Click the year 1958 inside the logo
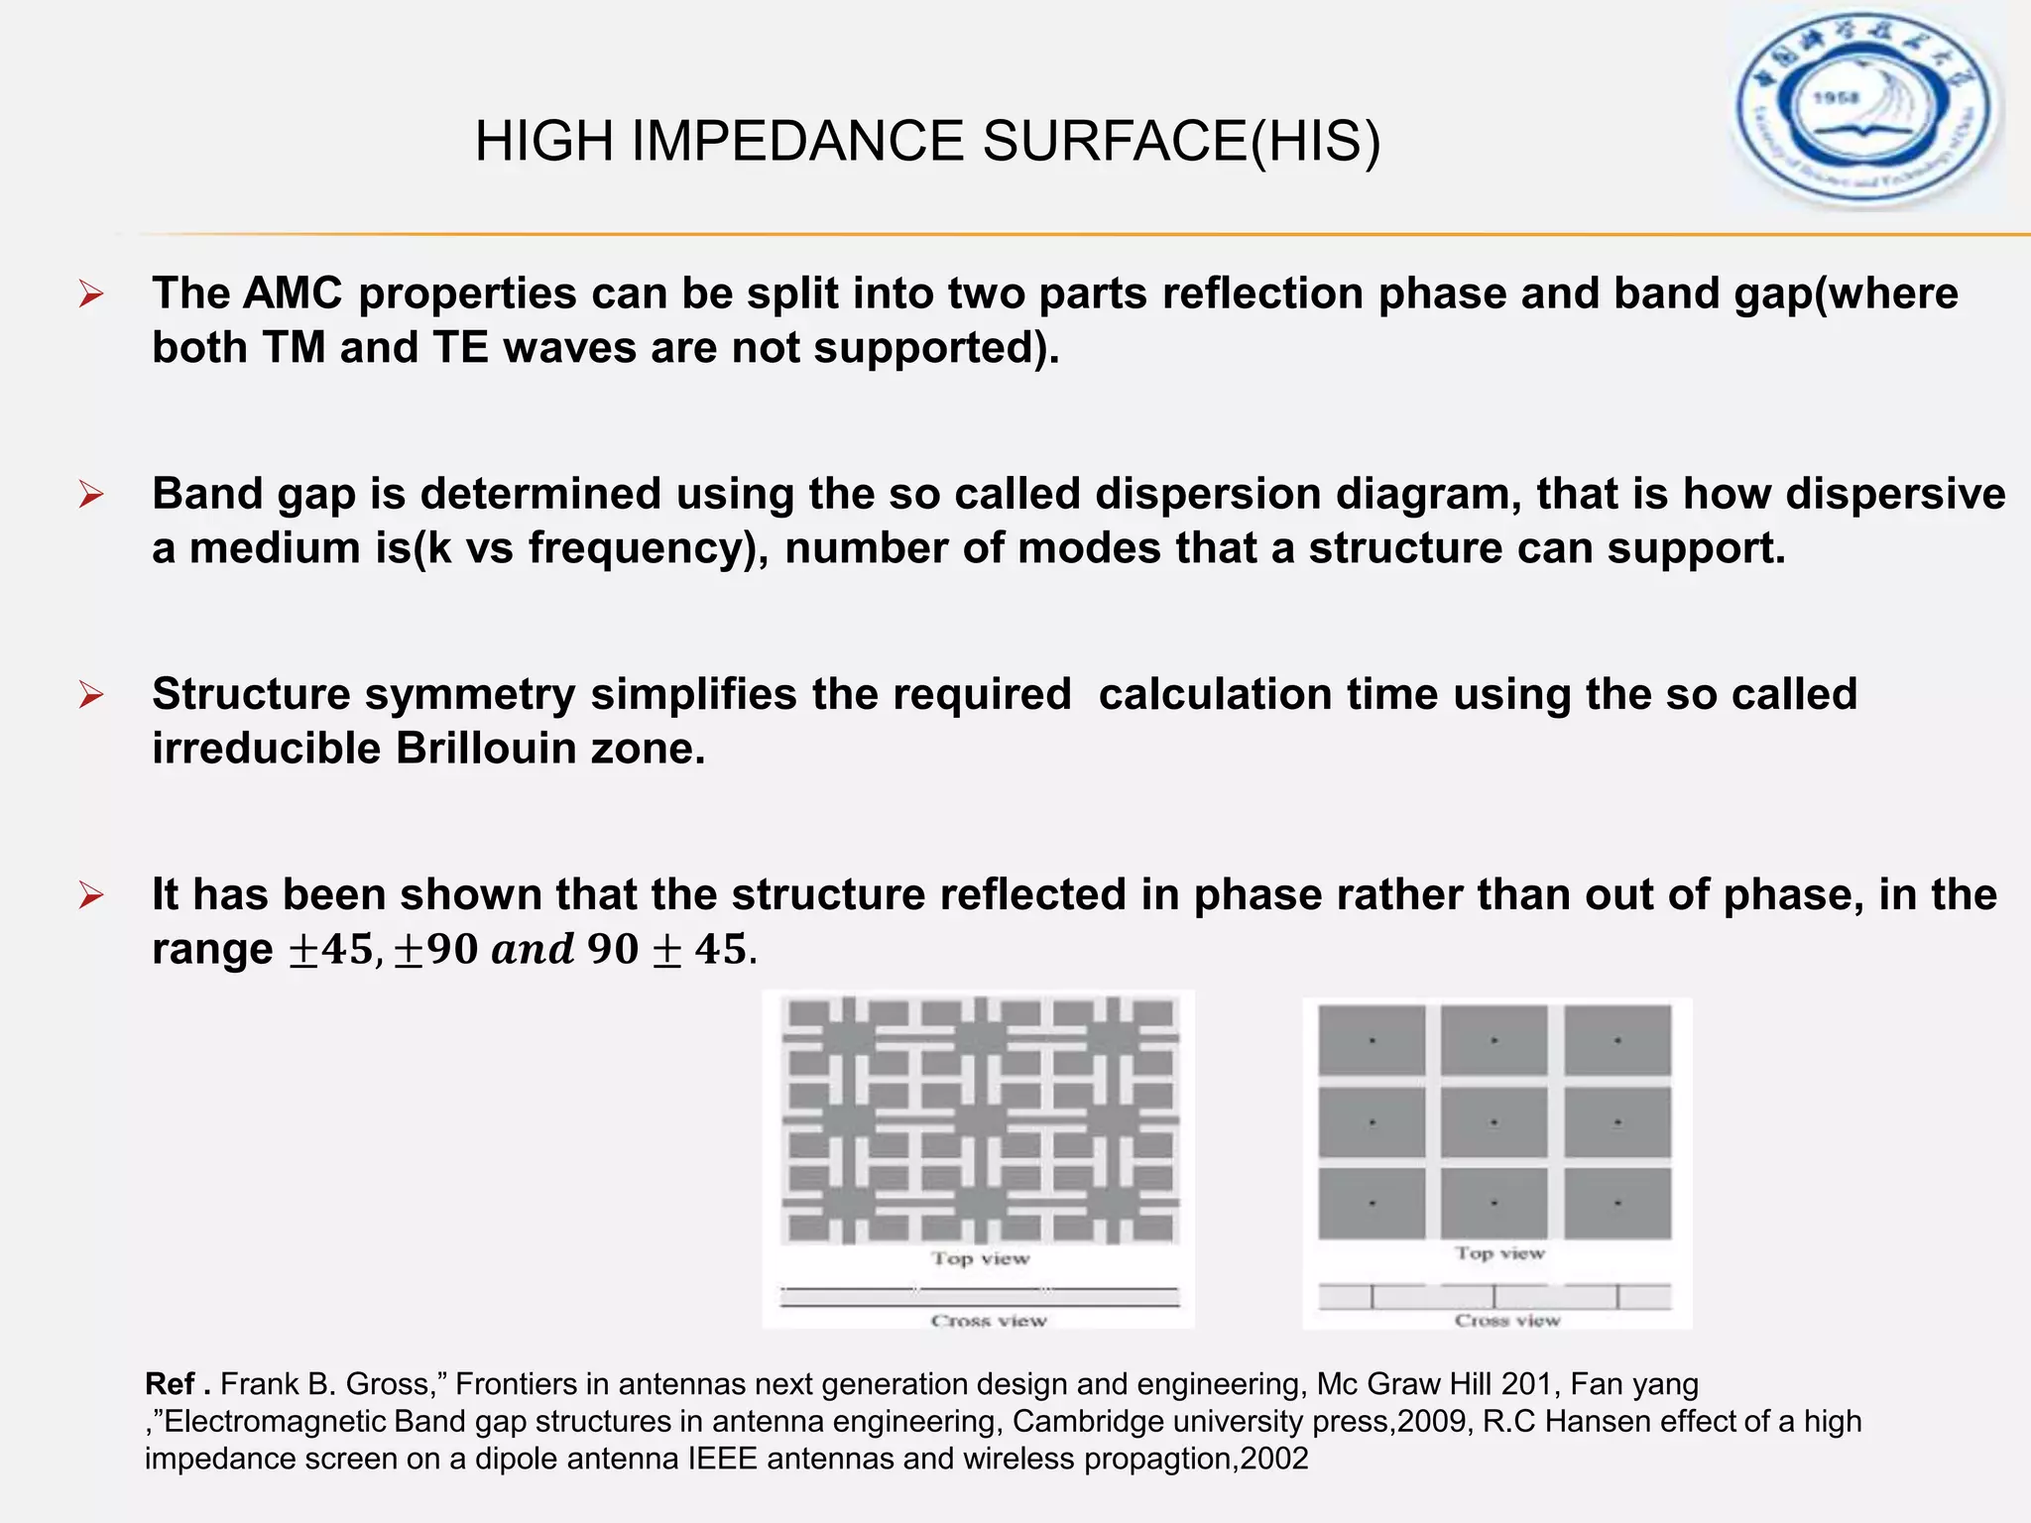[1836, 98]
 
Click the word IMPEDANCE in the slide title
[796, 141]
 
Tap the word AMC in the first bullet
[292, 293]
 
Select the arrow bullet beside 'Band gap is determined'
[91, 494]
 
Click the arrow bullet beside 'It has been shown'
[91, 895]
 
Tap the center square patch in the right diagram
[1493, 1122]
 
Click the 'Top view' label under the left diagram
[980, 1258]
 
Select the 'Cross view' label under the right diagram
[1507, 1321]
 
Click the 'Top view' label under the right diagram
[1499, 1253]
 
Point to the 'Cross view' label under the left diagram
[989, 1321]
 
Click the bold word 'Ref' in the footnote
[170, 1384]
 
